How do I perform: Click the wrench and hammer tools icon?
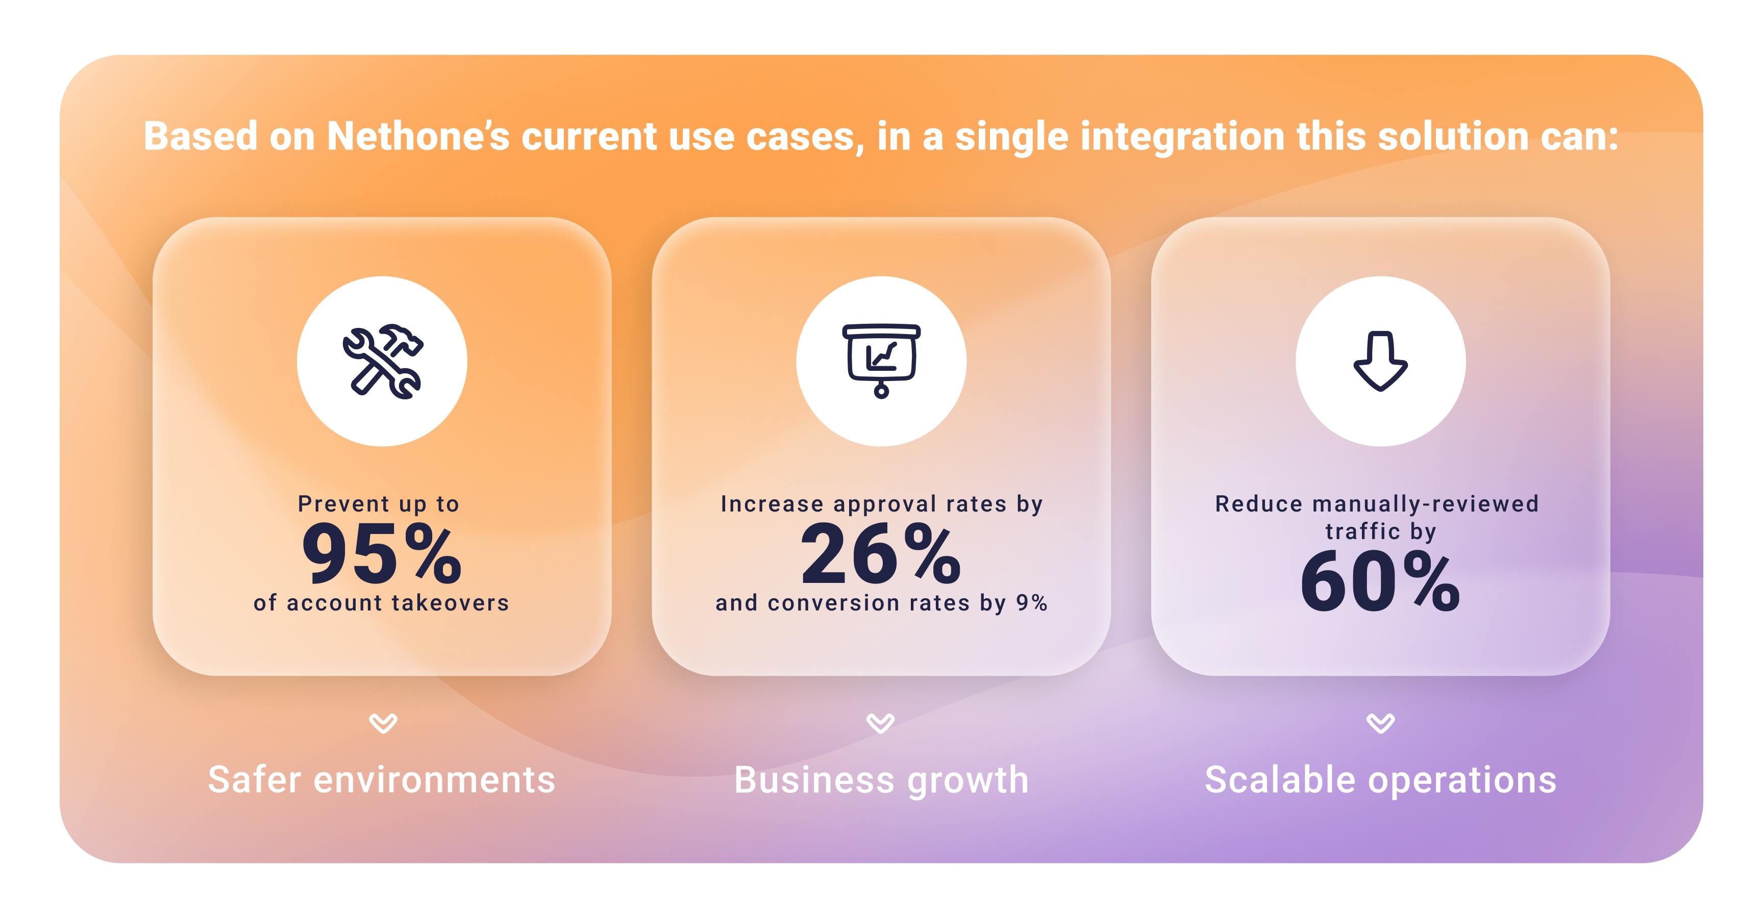(383, 361)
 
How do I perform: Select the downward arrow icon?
(1380, 361)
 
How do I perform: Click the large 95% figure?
(382, 553)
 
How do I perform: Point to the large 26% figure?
(881, 553)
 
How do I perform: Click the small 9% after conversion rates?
(1031, 603)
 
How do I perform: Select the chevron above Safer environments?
(383, 723)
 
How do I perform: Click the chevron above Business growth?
(880, 723)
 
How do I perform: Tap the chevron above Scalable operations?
(1380, 723)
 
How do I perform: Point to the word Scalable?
(1280, 779)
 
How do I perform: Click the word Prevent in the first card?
(343, 504)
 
